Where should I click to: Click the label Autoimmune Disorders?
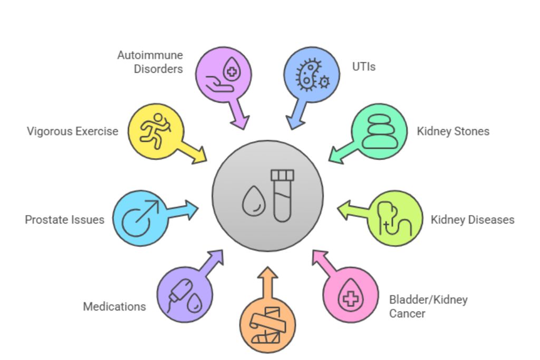(x=150, y=62)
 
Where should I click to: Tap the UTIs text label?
(x=364, y=67)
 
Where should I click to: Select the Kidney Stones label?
(x=453, y=131)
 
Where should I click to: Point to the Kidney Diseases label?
(x=472, y=219)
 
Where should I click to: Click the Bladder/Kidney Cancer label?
(x=428, y=306)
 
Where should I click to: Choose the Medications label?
(x=114, y=306)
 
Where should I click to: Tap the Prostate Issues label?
(x=64, y=219)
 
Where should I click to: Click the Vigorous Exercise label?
(x=73, y=131)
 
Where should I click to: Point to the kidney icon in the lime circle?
(x=394, y=219)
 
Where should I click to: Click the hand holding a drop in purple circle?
(x=224, y=75)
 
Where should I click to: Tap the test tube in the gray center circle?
(x=282, y=194)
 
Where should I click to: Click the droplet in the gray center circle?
(x=252, y=201)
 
